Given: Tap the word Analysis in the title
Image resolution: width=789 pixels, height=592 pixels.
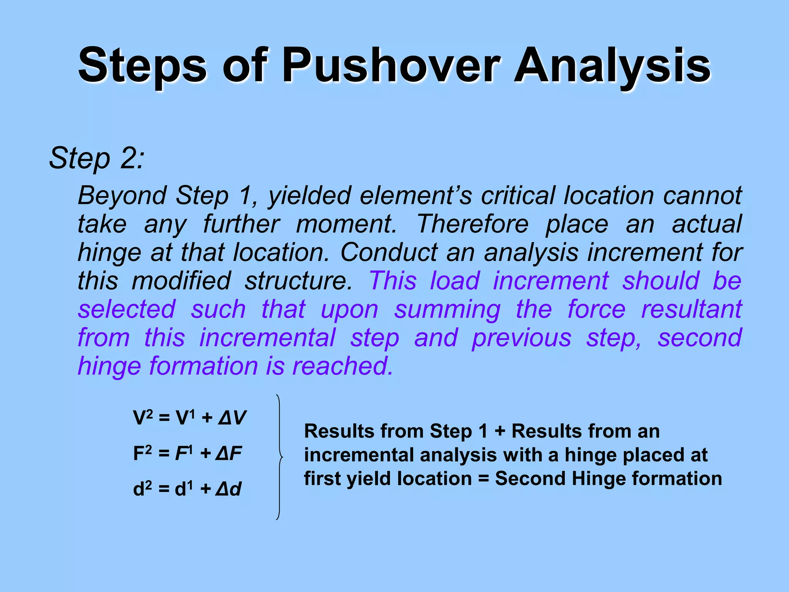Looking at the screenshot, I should click(612, 66).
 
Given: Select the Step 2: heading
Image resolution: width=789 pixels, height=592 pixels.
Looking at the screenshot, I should click(97, 158).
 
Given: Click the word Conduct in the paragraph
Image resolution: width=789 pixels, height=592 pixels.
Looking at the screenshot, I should click(389, 252).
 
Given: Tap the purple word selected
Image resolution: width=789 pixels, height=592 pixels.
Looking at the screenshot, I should click(127, 309).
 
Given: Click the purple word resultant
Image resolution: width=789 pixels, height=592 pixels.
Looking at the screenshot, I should click(691, 309).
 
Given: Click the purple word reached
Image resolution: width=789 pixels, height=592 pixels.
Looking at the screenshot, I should click(342, 366).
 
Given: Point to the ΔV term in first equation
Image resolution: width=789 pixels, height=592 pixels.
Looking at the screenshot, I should click(232, 418).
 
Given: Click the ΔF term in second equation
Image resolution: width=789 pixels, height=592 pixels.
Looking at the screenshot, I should click(228, 454).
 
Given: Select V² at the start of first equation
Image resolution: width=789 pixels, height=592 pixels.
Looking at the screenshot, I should click(143, 418).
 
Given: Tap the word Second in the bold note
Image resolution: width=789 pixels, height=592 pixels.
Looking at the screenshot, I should click(529, 479).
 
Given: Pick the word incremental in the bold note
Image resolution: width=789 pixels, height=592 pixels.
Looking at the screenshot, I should click(358, 455).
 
